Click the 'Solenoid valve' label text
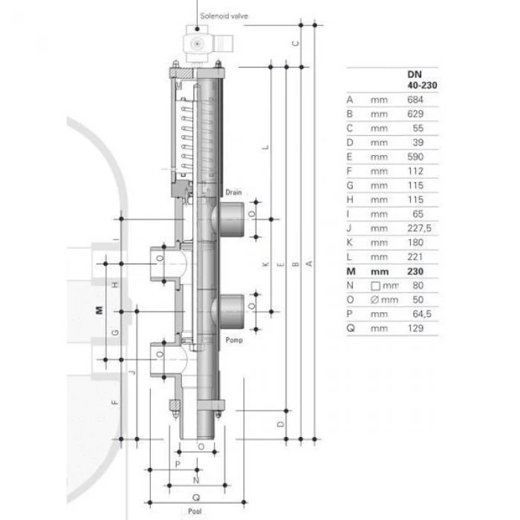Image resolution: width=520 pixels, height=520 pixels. (224, 16)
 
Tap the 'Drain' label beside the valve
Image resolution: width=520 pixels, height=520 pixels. (234, 192)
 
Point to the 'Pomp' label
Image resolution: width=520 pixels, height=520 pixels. (234, 340)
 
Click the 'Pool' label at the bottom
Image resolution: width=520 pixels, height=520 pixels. (195, 511)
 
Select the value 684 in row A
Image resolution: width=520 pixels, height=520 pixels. (415, 100)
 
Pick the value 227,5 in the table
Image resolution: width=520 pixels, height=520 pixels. (419, 228)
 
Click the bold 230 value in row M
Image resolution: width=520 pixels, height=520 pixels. (415, 271)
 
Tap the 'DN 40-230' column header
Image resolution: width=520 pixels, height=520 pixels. (422, 80)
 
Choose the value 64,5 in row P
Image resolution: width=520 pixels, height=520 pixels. (422, 313)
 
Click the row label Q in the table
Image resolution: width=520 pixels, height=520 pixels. (351, 328)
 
